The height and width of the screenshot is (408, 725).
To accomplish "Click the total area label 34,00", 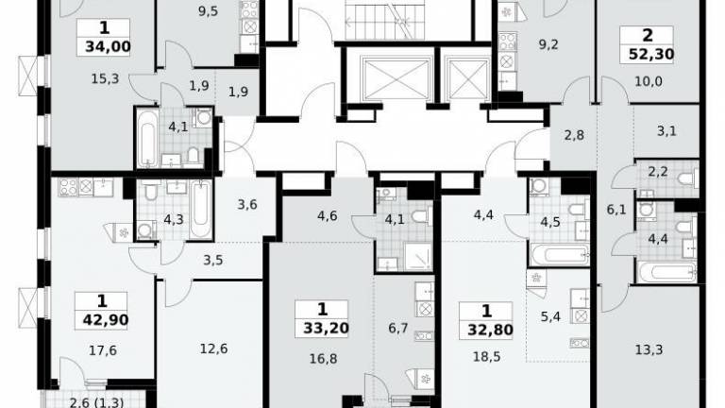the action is (108, 46).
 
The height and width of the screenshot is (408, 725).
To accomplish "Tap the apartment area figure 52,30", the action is (651, 55).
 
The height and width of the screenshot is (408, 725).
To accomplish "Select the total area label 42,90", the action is (106, 320).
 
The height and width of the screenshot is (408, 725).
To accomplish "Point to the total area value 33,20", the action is (326, 328).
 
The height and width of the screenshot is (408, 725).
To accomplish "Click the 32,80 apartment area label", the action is (490, 330).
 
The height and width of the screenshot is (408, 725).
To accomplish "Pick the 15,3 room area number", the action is (105, 78).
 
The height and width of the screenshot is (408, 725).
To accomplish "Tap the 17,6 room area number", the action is (103, 350).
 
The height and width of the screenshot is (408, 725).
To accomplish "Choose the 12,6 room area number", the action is (213, 348).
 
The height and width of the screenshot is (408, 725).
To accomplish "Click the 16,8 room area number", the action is (323, 358).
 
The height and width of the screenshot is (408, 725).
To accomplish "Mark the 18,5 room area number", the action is (487, 357).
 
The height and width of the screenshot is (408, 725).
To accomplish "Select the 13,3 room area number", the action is (649, 349).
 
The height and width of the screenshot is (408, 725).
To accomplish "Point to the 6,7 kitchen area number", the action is (398, 328).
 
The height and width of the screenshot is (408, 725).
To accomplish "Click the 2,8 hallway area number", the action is (574, 135).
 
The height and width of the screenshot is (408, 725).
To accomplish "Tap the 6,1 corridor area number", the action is (616, 210).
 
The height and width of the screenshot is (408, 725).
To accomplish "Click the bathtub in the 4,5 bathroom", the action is (560, 255).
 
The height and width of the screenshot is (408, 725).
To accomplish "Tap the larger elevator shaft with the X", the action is (396, 79).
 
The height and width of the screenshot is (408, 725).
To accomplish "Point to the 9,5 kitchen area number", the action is (208, 11).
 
